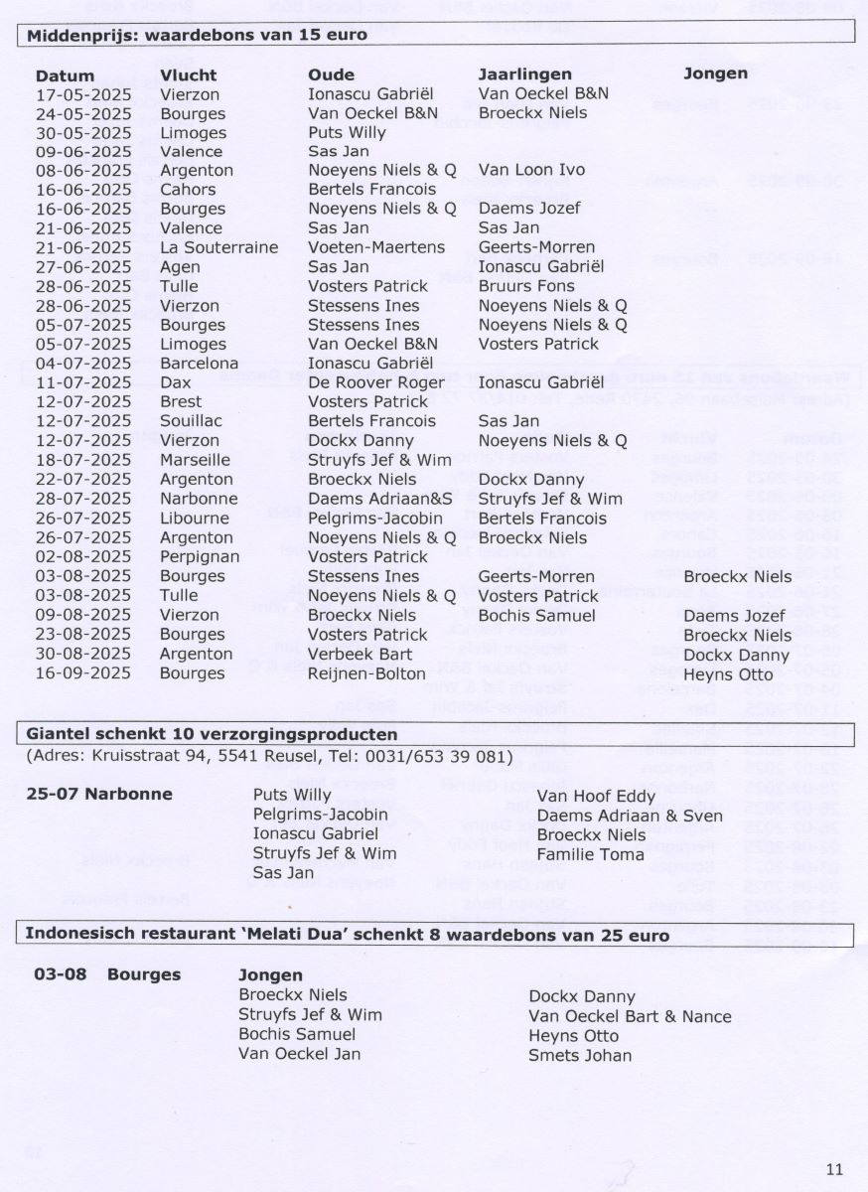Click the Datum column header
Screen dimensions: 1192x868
point(65,75)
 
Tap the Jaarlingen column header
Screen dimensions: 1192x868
point(525,74)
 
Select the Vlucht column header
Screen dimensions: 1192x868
point(188,75)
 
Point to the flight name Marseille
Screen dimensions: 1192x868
point(195,460)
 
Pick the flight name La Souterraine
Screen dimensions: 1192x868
point(218,247)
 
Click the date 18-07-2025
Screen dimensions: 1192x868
point(83,460)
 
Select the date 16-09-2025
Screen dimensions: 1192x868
point(83,673)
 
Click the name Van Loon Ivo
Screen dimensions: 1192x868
point(531,170)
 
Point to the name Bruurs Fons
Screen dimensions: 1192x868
point(526,286)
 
